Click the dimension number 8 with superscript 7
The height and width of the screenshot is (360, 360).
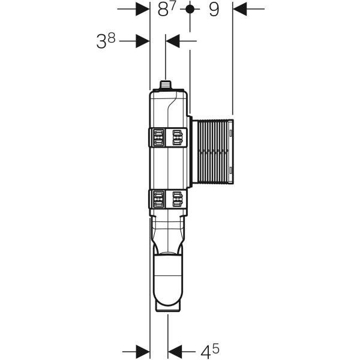166,9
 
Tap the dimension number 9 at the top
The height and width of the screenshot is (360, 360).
214,10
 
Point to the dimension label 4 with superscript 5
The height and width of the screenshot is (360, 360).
210,350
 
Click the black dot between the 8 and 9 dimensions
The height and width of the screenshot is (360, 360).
190,9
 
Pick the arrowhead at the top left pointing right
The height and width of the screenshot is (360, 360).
142,9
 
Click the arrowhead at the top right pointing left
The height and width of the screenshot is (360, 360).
239,9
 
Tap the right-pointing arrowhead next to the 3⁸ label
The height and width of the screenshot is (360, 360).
143,41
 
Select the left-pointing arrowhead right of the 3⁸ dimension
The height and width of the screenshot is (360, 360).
172,41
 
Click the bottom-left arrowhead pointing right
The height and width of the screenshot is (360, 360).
143,351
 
